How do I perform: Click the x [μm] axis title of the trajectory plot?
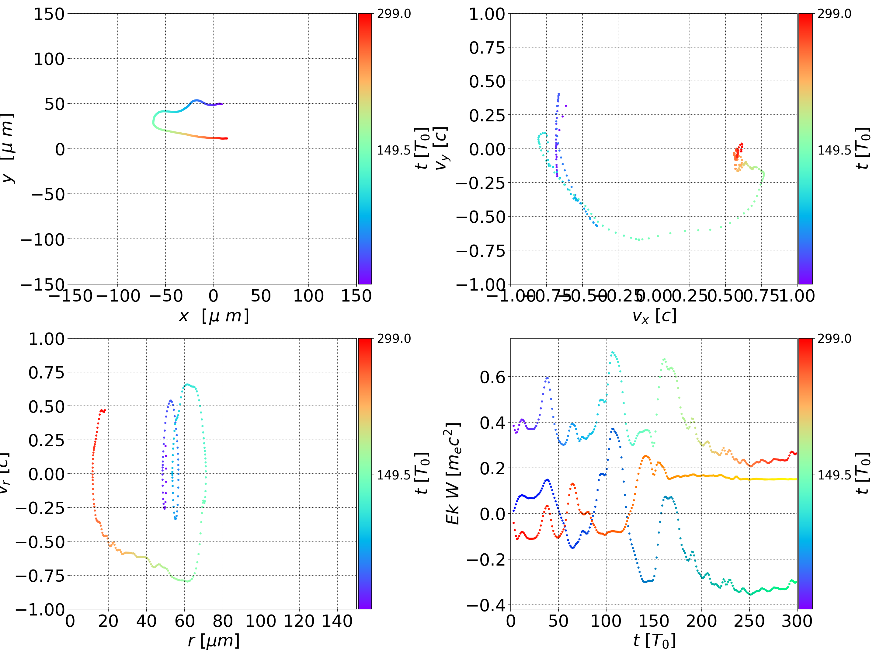tap(214, 316)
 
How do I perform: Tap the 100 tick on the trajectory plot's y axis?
tap(48, 59)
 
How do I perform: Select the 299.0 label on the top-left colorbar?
tap(394, 14)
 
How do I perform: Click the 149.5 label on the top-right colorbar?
tap(834, 150)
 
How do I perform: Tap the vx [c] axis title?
tap(654, 316)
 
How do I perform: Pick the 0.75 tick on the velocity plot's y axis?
tap(487, 47)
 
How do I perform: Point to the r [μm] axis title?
tap(214, 641)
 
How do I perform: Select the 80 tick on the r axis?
tap(223, 621)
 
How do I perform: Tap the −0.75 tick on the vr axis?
tap(40, 576)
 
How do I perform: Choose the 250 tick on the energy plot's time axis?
tap(749, 621)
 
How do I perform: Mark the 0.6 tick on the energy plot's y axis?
tap(493, 377)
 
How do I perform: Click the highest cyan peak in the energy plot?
tap(613, 352)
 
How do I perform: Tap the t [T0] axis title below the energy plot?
tap(654, 641)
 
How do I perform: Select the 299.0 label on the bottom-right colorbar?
tap(834, 339)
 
